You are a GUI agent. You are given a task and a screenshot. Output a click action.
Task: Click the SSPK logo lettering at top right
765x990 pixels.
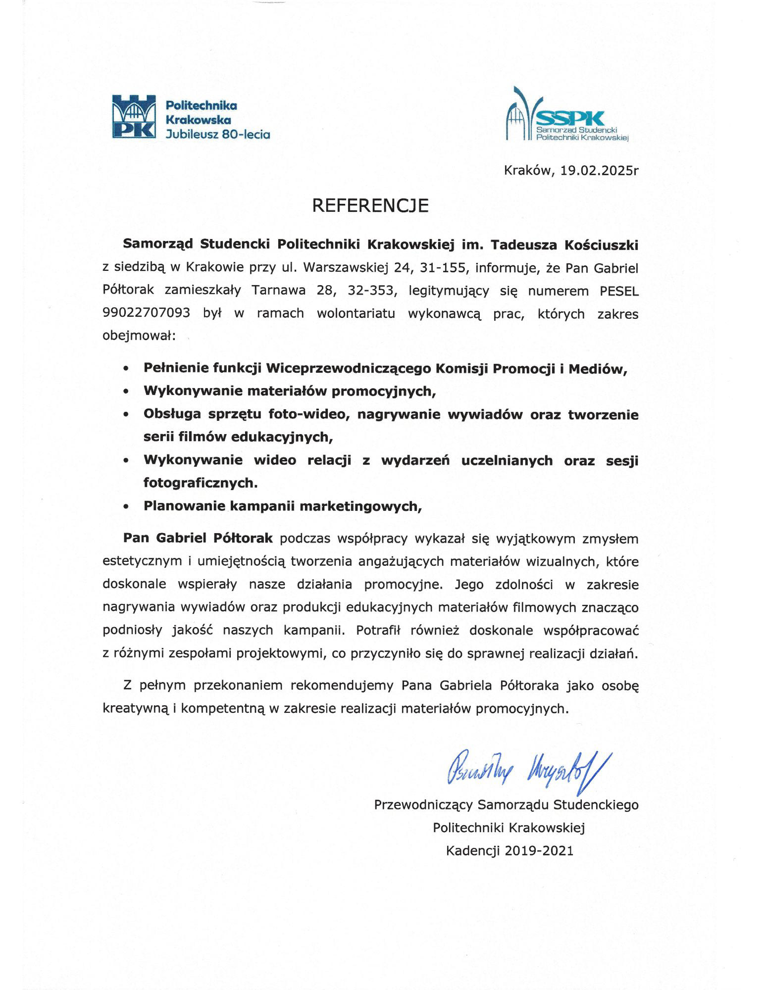[x=570, y=118]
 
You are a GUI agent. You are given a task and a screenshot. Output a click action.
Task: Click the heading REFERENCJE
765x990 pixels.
[x=370, y=205]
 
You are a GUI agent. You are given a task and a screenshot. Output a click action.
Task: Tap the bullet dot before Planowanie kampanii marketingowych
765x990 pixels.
[x=127, y=507]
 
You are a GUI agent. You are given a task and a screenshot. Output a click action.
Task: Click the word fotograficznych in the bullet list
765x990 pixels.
[x=201, y=483]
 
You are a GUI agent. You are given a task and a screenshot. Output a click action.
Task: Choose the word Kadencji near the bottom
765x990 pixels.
[x=473, y=851]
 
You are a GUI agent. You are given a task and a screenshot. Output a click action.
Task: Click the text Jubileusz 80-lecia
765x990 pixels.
[x=218, y=134]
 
